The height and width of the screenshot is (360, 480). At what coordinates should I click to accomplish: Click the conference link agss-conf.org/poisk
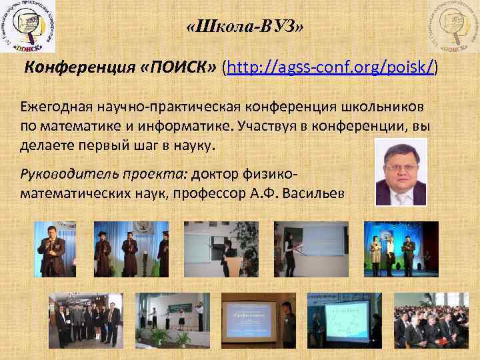(332, 67)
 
